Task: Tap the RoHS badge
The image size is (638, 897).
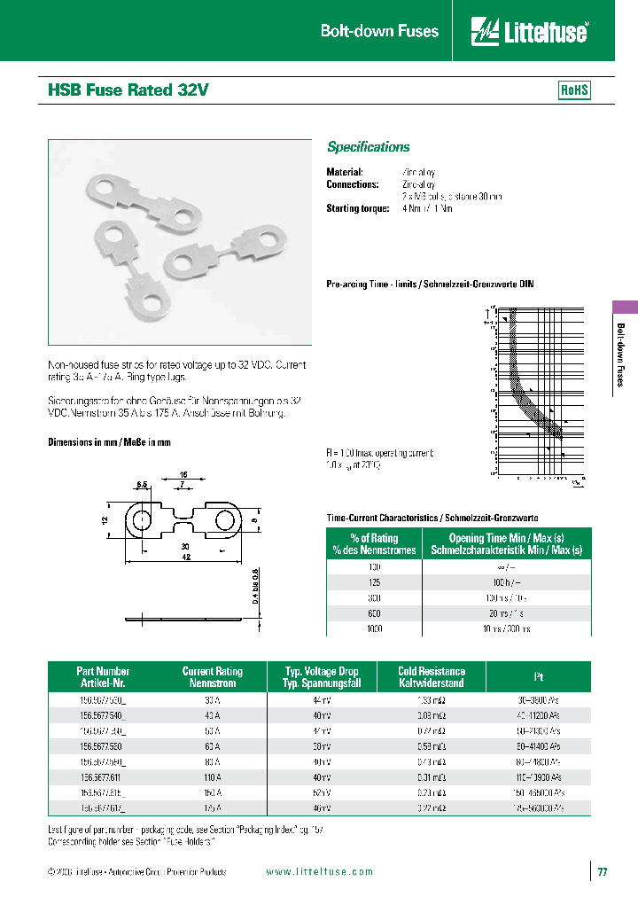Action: [x=574, y=90]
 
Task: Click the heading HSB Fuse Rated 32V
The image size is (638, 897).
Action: [x=128, y=90]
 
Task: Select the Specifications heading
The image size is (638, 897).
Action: [x=369, y=147]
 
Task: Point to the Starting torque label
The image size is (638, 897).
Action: [x=358, y=208]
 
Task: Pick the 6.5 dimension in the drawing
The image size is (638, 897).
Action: [x=142, y=485]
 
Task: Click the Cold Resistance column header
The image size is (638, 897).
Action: [x=432, y=677]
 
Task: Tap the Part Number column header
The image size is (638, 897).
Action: [x=102, y=677]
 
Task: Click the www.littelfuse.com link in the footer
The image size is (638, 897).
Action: [x=320, y=872]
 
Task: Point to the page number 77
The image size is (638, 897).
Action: [x=603, y=872]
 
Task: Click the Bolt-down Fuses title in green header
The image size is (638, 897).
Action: [x=379, y=31]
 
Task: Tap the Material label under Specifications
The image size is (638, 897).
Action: [x=345, y=172]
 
